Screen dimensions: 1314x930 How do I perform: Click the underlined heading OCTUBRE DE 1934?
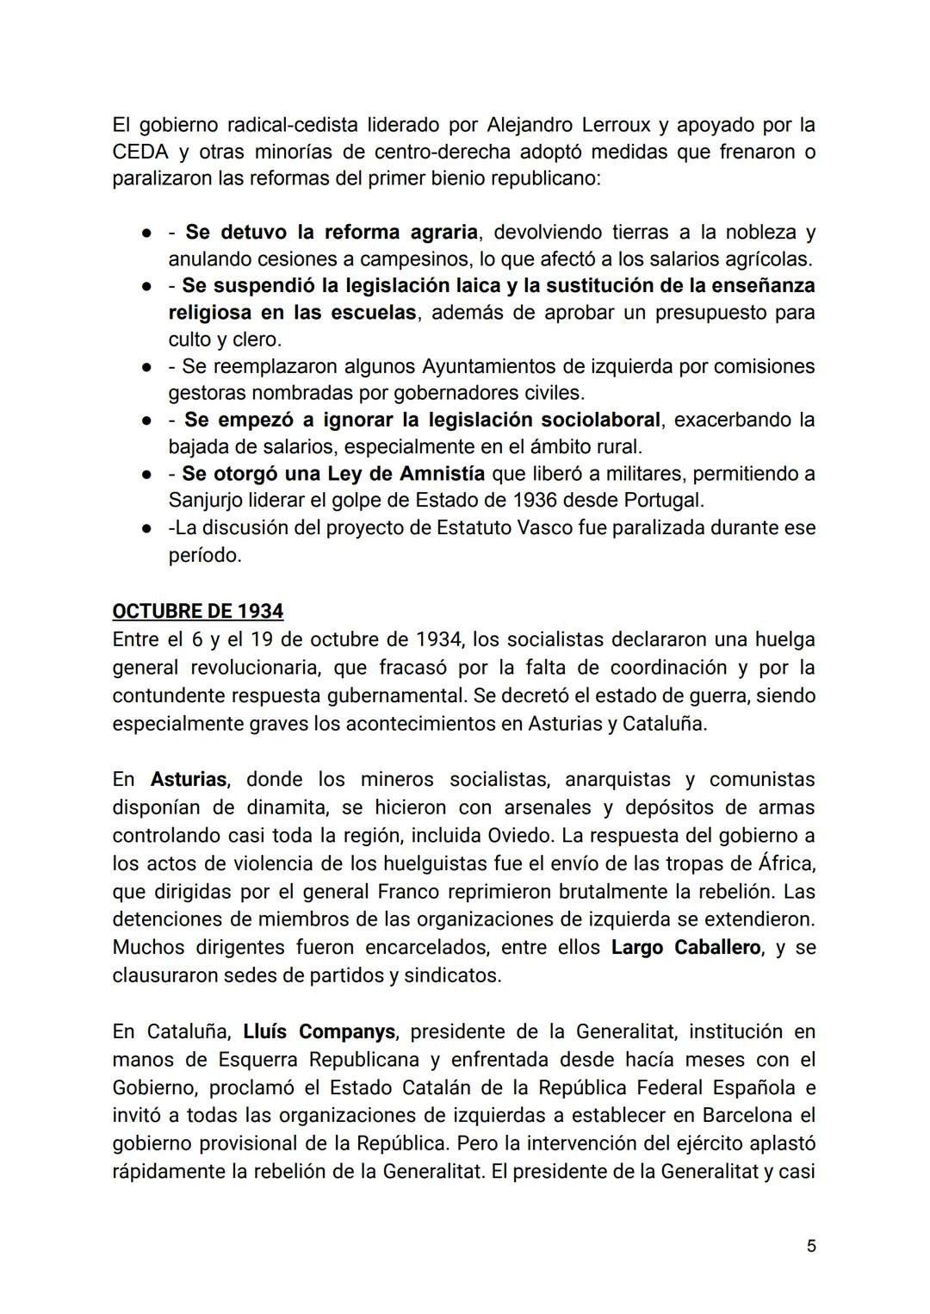197,611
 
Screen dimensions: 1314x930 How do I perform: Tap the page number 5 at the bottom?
811,1246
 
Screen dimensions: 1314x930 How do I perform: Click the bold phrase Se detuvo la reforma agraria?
332,232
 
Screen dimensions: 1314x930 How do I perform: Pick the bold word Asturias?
189,780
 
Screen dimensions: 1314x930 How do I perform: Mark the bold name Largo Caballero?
686,948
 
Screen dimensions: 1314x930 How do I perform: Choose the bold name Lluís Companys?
319,1031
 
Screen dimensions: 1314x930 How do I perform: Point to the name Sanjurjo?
205,500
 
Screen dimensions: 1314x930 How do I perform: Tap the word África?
785,863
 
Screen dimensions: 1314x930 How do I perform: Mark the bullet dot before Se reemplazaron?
148,367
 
